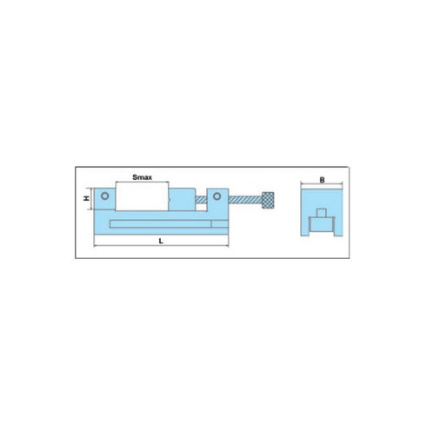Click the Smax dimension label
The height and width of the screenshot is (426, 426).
pos(143,176)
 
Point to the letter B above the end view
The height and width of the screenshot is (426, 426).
pos(322,180)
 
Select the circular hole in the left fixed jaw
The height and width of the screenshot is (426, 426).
pos(104,196)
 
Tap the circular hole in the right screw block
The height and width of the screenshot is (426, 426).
pos(216,196)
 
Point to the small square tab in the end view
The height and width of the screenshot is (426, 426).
pos(322,214)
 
